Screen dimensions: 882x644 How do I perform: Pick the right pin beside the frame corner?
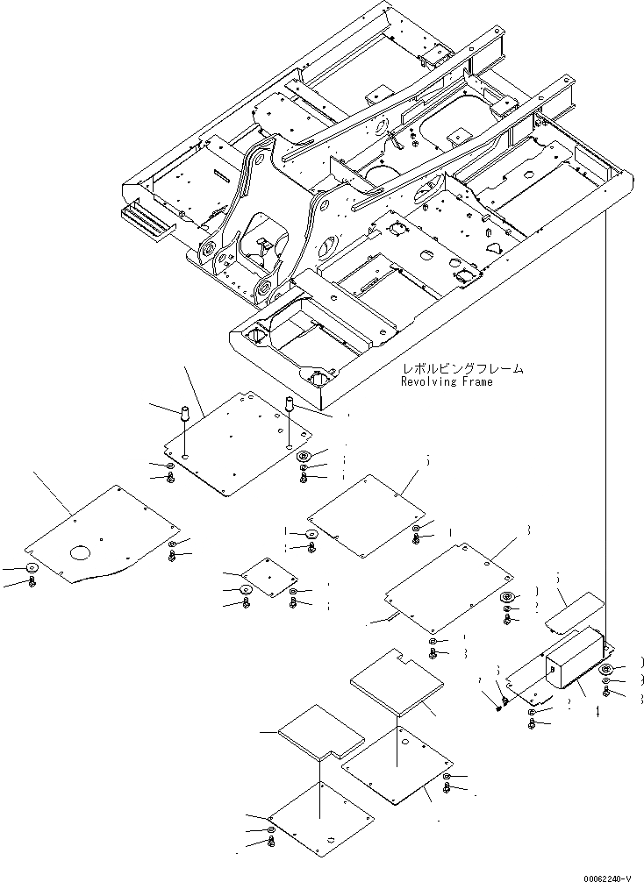(287, 408)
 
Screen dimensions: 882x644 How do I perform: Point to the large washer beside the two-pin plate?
(304, 457)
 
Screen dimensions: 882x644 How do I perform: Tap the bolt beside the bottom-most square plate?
(270, 843)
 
